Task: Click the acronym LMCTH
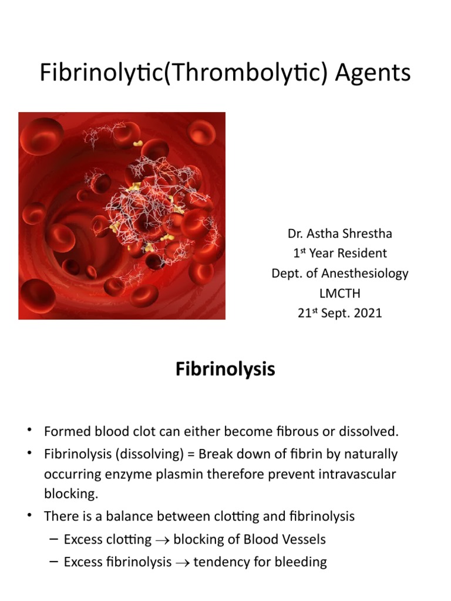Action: coord(339,293)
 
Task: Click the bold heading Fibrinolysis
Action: coord(225,370)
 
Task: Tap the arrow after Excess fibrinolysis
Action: coord(183,562)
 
